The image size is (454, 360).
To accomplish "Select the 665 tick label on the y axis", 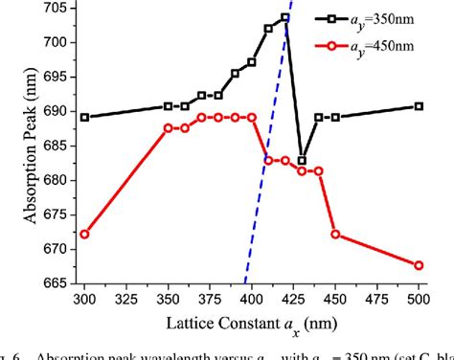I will coord(56,283).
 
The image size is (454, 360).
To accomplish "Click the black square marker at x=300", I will coord(84,118).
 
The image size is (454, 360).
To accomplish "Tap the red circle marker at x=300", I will coord(84,234).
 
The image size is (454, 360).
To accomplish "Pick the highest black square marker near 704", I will coord(285,17).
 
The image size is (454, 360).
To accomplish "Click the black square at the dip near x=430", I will coord(302,161).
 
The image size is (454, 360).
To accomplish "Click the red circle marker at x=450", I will coord(335,234).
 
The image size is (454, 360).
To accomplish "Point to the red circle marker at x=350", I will coord(169,127).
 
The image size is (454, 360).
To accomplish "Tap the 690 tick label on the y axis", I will coord(56,111).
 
